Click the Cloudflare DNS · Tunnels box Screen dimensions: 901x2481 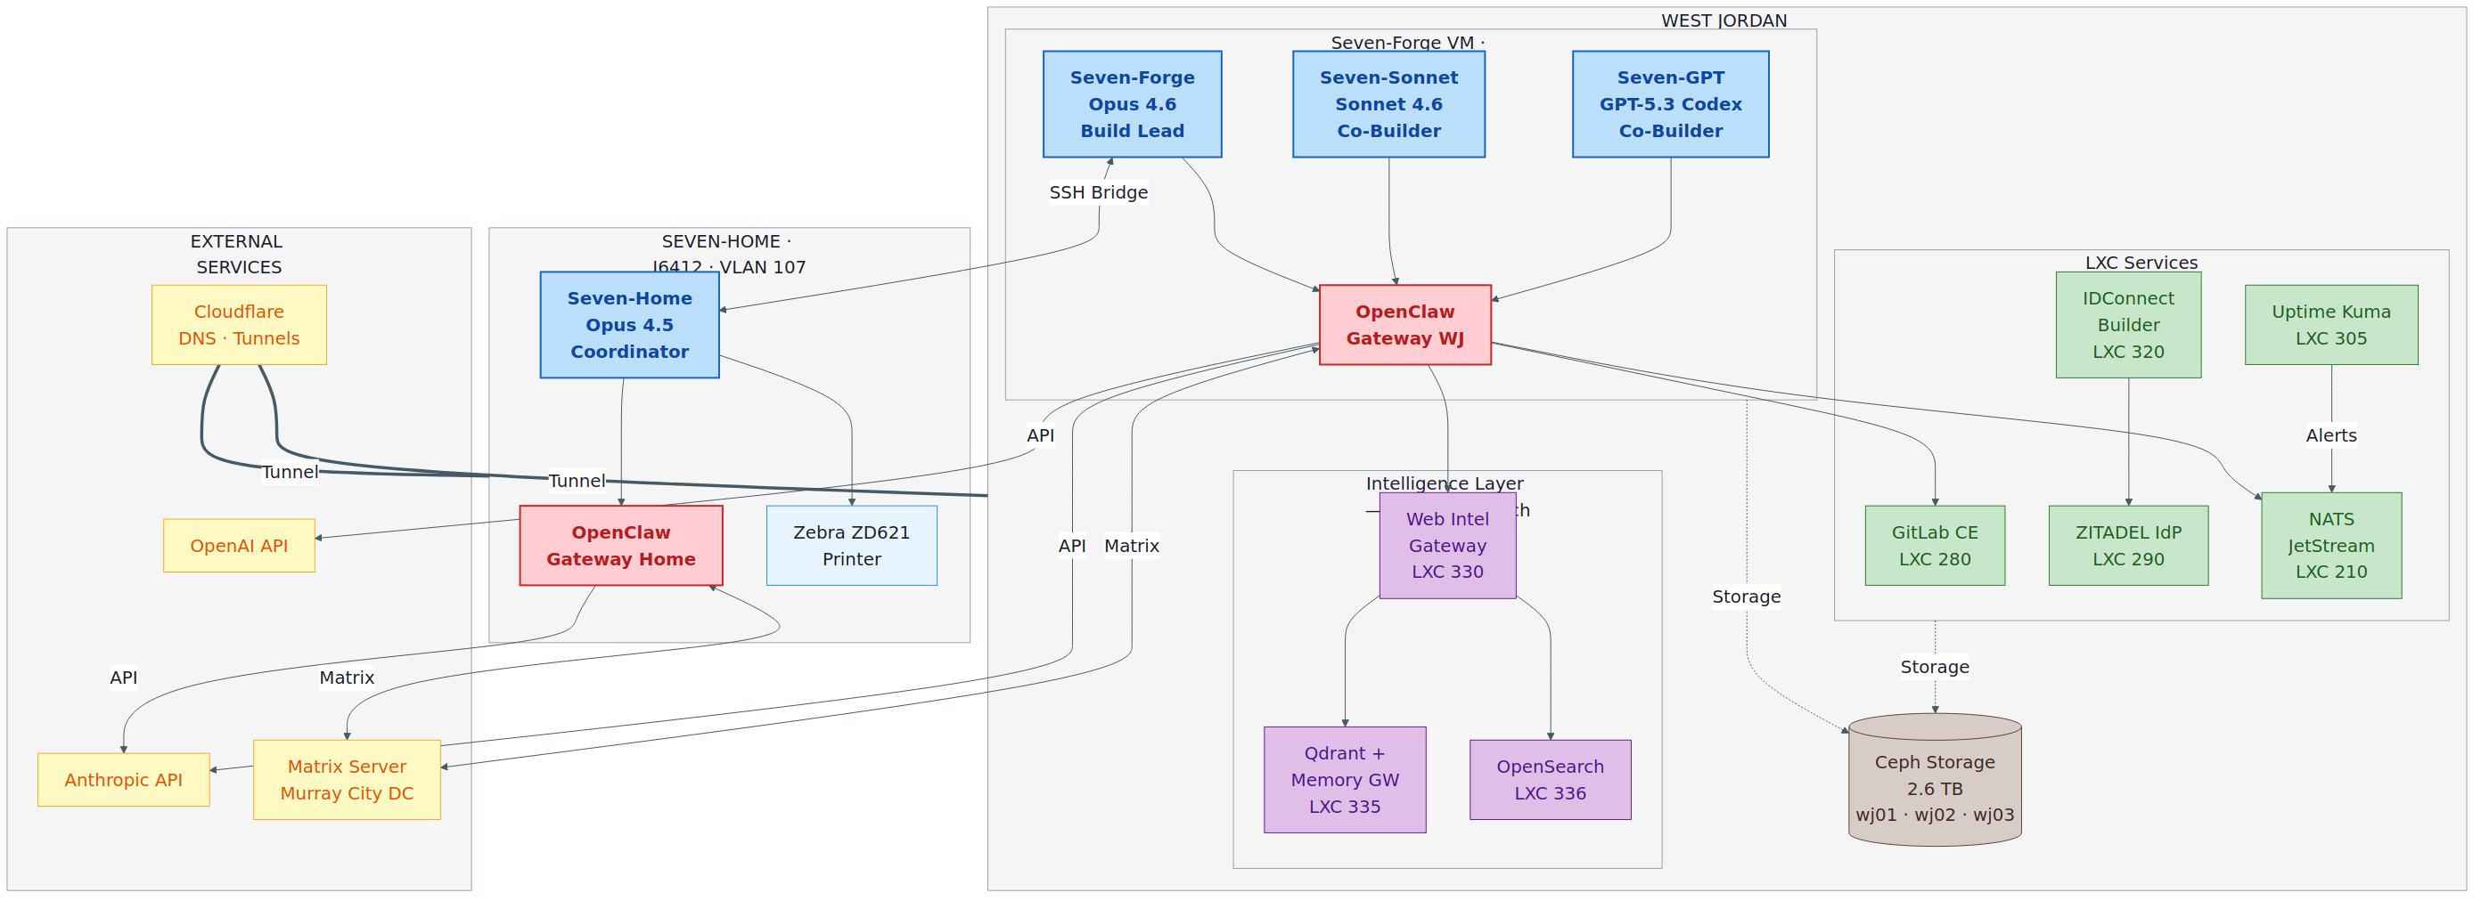click(239, 324)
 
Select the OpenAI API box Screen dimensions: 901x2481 click(239, 546)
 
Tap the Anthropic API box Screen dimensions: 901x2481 click(123, 780)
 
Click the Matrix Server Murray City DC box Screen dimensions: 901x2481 click(347, 780)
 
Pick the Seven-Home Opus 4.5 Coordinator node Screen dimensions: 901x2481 click(629, 324)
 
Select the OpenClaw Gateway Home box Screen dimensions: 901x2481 click(620, 546)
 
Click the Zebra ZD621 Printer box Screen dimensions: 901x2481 click(851, 546)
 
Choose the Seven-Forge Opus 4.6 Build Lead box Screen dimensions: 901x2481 click(1132, 104)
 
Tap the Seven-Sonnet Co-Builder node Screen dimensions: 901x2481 click(1388, 104)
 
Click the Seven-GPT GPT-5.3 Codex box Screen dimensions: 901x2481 click(1670, 104)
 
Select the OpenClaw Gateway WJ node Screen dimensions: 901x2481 click(1404, 324)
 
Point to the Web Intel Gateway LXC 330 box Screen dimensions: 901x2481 click(1446, 546)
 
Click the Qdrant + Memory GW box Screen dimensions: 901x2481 click(1345, 780)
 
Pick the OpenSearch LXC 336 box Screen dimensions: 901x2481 click(1550, 780)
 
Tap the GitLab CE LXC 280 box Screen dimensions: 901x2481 click(1934, 546)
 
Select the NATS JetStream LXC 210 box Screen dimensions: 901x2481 click(2330, 546)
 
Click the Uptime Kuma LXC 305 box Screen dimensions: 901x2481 click(2330, 324)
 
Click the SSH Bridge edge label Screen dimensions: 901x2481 click(1098, 192)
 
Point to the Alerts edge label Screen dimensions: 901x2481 click(2330, 436)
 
